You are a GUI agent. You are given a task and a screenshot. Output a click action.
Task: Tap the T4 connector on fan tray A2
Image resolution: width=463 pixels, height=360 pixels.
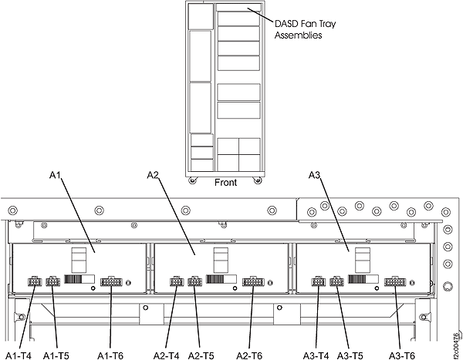177,282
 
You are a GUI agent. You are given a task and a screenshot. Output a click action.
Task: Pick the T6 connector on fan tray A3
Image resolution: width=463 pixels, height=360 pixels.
395,282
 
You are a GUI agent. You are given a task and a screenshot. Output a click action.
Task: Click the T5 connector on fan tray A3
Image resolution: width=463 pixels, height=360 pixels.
336,282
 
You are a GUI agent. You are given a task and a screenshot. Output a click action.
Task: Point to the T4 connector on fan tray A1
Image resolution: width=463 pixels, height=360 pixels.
35,282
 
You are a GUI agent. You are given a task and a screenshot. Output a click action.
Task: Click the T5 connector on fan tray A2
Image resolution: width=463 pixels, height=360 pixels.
194,282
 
